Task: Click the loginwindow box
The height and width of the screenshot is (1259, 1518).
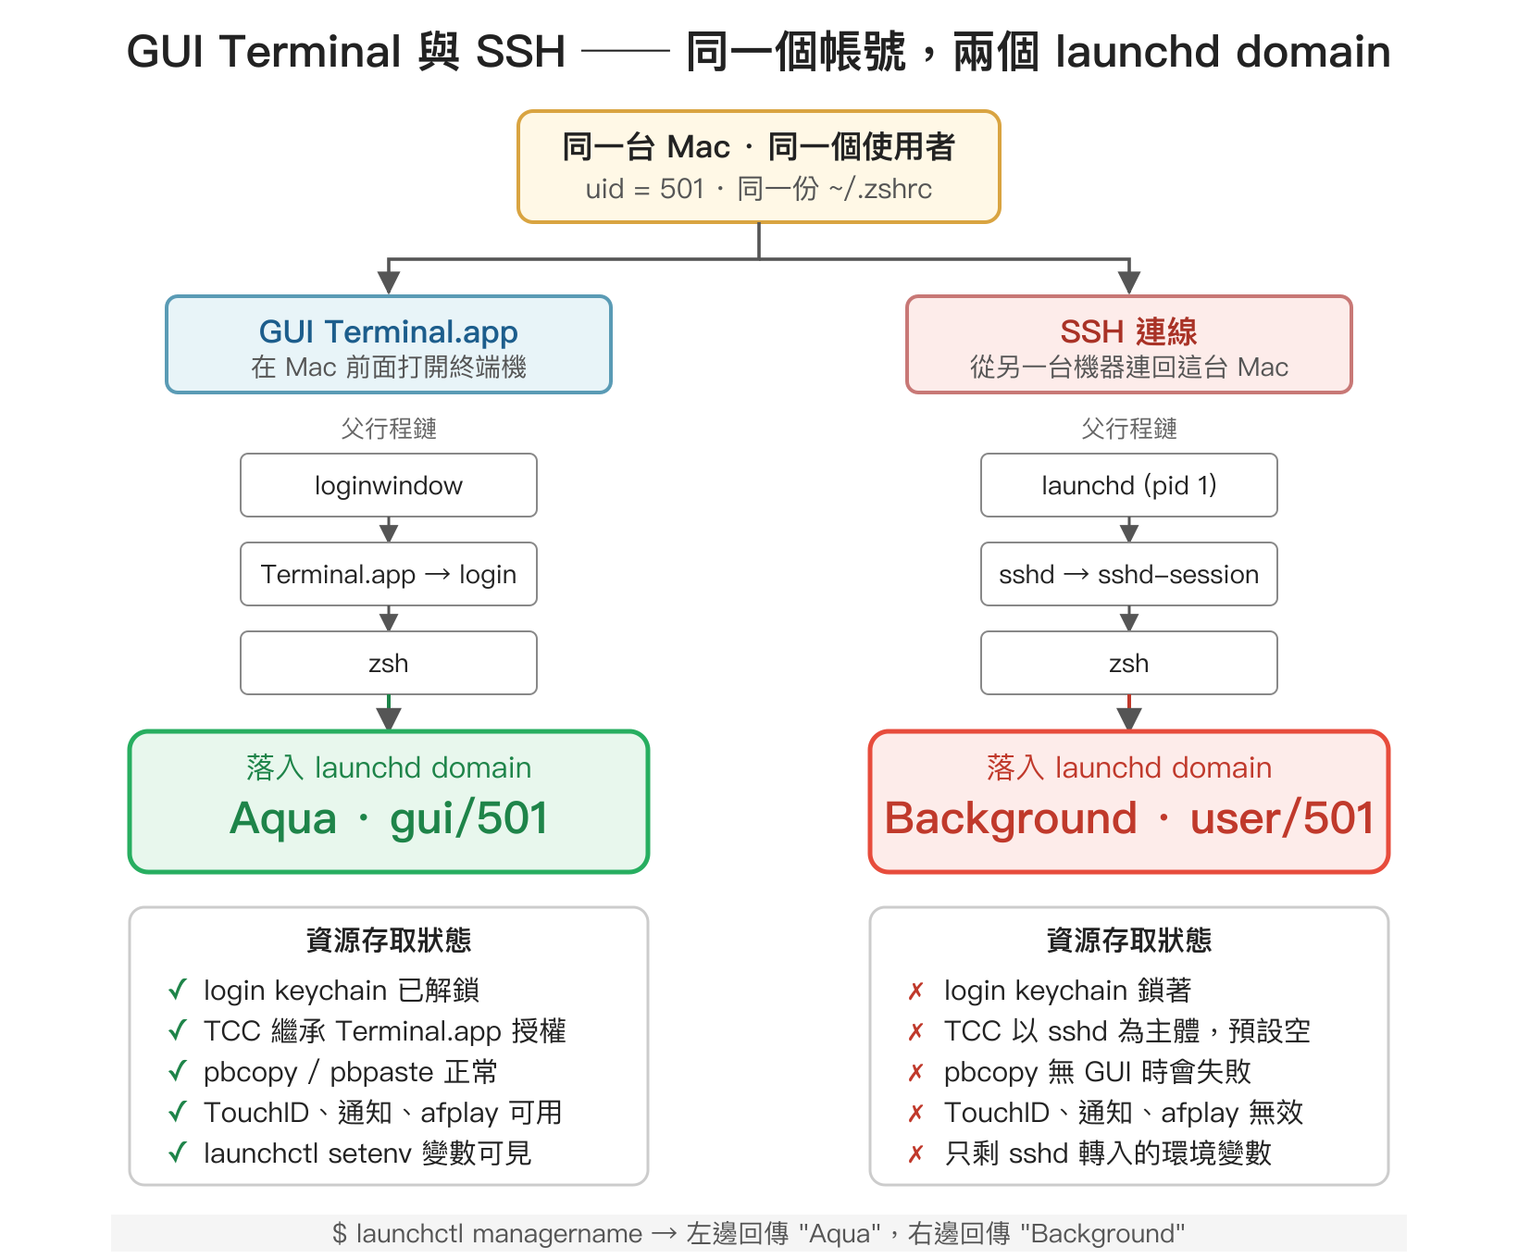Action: [389, 485]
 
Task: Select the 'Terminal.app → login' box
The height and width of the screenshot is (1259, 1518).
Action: [389, 574]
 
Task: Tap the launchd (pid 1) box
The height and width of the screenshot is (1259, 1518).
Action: [1129, 485]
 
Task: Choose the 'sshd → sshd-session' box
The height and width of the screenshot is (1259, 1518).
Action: [1129, 574]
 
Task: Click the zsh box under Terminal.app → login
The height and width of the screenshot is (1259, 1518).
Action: [389, 663]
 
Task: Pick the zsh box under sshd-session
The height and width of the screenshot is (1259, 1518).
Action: [1129, 663]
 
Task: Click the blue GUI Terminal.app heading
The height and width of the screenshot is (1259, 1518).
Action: [389, 331]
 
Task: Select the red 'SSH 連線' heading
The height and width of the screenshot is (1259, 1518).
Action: [1129, 331]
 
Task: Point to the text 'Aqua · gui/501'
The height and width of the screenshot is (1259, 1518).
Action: [389, 818]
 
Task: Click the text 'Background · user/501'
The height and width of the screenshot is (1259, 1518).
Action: [1129, 818]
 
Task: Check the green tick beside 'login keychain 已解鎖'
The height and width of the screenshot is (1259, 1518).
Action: [178, 990]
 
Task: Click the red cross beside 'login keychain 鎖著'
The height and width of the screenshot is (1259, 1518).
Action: [916, 991]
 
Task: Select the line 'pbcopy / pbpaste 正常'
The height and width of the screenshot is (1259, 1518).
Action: [350, 1072]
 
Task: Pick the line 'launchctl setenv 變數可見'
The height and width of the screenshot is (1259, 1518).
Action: [367, 1153]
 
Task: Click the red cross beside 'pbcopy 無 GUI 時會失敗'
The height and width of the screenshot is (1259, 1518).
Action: [916, 1072]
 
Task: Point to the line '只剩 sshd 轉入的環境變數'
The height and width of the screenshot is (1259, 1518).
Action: [1108, 1153]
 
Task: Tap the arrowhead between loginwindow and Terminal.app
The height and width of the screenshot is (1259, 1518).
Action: [389, 531]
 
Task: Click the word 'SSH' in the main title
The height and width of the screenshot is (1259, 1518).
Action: [520, 52]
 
